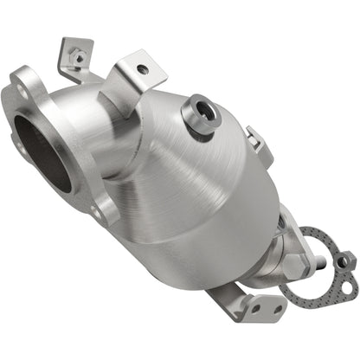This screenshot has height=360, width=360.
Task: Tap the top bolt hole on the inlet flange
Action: tap(19, 85)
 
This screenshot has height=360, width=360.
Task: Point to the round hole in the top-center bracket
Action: tap(141, 69)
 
